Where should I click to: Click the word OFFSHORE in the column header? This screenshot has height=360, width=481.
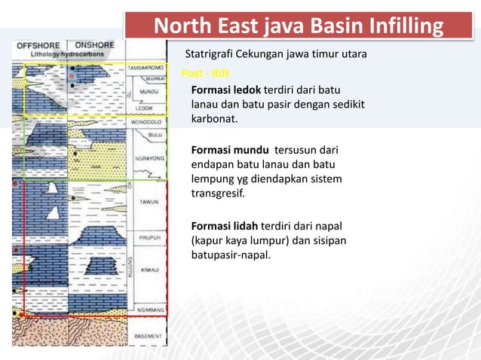pos(39,45)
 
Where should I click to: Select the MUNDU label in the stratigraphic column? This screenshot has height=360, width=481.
pos(148,91)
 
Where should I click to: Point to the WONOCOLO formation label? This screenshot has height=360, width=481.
pos(147,121)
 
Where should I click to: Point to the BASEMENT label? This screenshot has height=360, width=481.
pos(148,335)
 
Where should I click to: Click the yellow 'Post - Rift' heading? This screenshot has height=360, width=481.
pos(200,74)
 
